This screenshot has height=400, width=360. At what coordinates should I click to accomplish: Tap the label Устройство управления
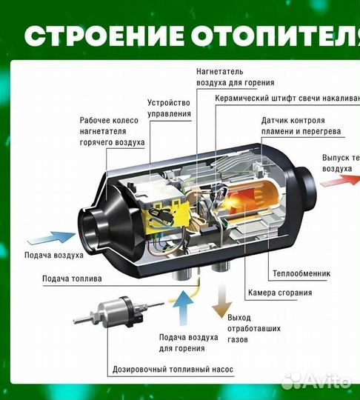169,108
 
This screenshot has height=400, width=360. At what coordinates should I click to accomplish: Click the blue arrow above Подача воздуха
49,239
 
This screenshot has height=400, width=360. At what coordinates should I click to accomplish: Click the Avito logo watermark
317,379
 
